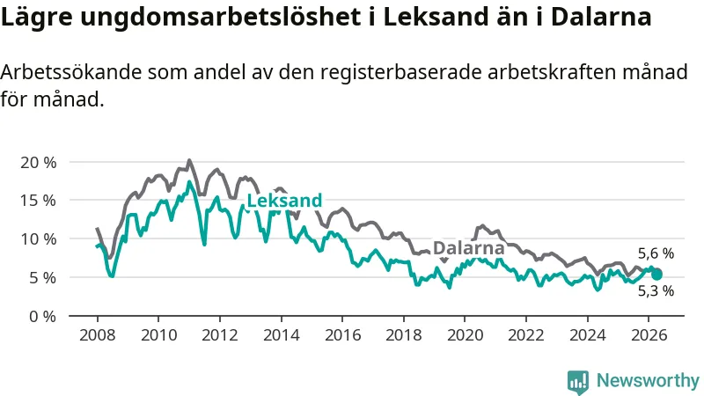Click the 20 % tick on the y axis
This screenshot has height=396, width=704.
39,163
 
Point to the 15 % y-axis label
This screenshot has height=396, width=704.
39,201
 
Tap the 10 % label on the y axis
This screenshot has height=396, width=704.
39,239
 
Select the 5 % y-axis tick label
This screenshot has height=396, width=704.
43,278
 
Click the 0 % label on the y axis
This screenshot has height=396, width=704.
43,317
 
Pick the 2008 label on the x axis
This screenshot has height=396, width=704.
98,335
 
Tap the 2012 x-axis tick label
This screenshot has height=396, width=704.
219,335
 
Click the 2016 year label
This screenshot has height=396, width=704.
342,335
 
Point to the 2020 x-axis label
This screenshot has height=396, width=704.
466,335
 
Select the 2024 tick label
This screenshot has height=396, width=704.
588,335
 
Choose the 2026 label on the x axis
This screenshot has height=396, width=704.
649,335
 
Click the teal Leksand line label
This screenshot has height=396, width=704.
284,201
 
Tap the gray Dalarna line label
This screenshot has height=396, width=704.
469,248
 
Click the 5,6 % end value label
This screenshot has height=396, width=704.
656,253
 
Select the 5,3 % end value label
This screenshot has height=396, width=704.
656,291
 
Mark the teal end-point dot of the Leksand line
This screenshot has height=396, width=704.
656,275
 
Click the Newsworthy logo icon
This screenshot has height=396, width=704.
578,382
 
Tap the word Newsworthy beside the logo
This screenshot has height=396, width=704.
648,381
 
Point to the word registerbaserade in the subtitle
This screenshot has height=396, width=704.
401,72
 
